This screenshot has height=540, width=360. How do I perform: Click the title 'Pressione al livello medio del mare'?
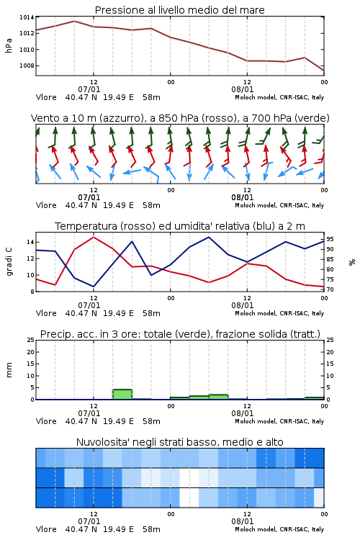(x=179, y=10)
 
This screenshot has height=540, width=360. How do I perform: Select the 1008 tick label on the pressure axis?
(x=27, y=66)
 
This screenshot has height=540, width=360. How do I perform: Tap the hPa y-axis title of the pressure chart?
(x=9, y=45)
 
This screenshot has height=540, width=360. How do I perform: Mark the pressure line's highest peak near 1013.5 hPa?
(x=74, y=21)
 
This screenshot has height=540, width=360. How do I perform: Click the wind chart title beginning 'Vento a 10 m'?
(x=180, y=118)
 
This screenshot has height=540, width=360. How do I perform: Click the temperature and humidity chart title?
(x=180, y=226)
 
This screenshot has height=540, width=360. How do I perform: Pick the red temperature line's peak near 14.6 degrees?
(x=94, y=237)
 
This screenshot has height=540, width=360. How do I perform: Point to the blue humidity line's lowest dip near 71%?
(x=94, y=287)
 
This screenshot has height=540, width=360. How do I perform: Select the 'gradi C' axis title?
(x=9, y=262)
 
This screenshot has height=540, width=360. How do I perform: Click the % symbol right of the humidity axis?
(x=352, y=262)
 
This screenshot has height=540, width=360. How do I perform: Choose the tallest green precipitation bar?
(x=122, y=395)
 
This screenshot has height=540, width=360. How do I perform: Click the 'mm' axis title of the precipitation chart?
(x=9, y=370)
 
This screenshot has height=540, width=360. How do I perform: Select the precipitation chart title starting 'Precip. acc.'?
(x=180, y=334)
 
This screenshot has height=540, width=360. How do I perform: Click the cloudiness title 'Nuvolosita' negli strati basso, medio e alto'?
(x=179, y=442)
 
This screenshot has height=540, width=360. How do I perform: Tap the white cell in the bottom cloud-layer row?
(x=189, y=498)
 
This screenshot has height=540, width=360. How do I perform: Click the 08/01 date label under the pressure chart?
(x=242, y=89)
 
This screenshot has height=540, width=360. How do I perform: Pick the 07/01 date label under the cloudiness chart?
(x=89, y=521)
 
